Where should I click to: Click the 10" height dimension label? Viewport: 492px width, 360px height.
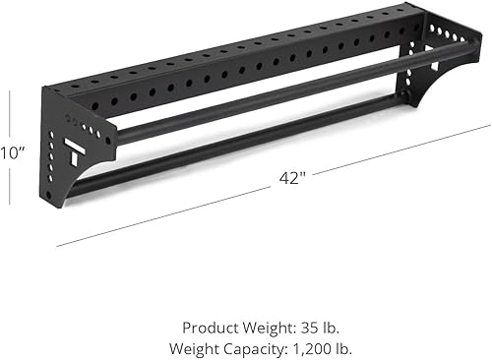[x=11, y=152]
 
